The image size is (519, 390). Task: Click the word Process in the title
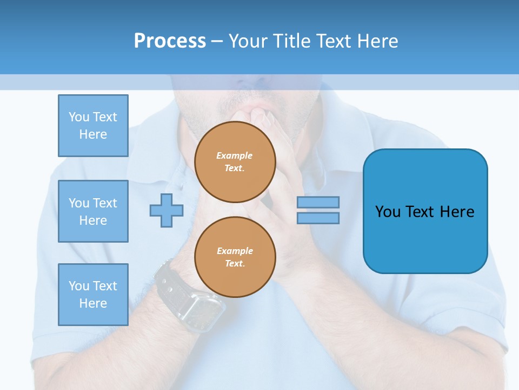(x=170, y=41)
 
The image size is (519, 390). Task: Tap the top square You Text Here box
(x=93, y=126)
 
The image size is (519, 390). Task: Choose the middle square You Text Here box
(x=93, y=211)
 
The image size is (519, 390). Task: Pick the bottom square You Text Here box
(x=93, y=295)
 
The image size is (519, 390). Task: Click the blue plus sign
(x=167, y=210)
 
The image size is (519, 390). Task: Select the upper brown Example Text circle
(x=235, y=162)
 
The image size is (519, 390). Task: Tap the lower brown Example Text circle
(x=235, y=257)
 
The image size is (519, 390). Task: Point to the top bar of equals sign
(x=318, y=203)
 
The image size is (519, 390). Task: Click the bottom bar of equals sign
(x=318, y=218)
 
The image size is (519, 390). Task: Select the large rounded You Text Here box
(x=425, y=211)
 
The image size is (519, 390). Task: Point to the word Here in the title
(x=377, y=41)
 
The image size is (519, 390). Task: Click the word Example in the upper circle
(x=235, y=155)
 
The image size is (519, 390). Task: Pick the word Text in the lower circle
(x=235, y=263)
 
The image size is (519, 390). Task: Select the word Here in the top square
(x=93, y=134)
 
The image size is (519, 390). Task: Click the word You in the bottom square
(x=78, y=286)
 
